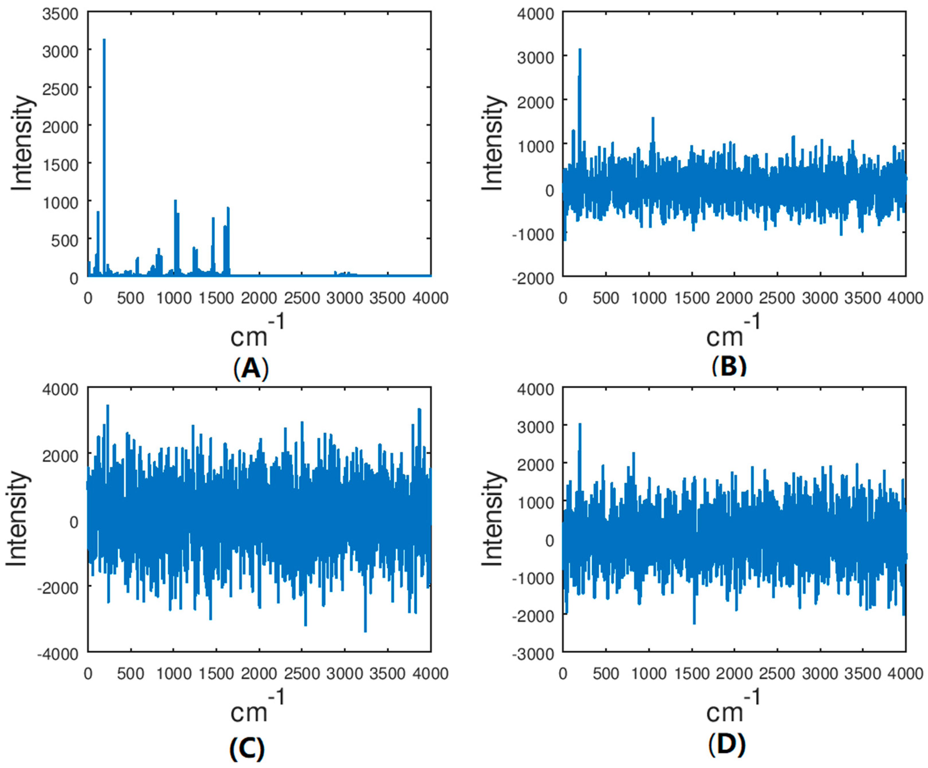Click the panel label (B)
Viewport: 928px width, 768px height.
(729, 366)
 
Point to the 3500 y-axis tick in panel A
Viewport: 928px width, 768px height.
(60, 14)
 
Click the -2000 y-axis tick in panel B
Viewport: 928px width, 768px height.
(533, 278)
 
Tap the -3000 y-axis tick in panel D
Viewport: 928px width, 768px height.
(533, 654)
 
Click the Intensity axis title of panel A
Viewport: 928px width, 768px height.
(22, 144)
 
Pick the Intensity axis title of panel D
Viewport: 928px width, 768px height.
(492, 518)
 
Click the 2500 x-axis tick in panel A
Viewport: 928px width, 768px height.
(302, 298)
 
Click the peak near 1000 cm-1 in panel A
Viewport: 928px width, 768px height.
(176, 201)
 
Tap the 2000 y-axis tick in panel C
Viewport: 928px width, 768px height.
(60, 455)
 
